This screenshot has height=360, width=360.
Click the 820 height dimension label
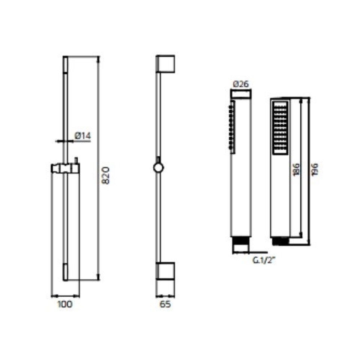tap(106, 175)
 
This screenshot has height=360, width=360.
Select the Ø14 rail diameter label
tap(82, 136)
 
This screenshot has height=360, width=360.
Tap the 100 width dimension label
tap(65, 304)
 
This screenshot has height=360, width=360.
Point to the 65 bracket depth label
tap(165, 304)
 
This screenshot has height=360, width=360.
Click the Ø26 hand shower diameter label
tap(241, 84)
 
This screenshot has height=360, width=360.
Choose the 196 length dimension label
tap(314, 169)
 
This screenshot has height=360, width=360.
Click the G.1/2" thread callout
tap(264, 260)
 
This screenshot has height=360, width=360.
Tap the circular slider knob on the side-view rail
tap(158, 168)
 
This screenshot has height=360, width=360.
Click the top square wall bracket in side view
tap(165, 64)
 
